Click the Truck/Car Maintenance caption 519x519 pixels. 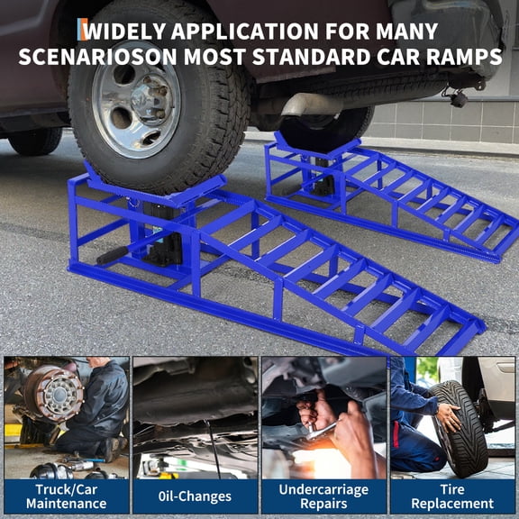66,496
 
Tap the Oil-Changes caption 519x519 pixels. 195,496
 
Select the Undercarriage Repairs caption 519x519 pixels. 323,496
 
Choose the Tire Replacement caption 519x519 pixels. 452,496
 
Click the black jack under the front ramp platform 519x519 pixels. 162,234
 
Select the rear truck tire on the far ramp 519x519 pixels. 333,126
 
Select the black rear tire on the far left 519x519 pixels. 36,140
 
